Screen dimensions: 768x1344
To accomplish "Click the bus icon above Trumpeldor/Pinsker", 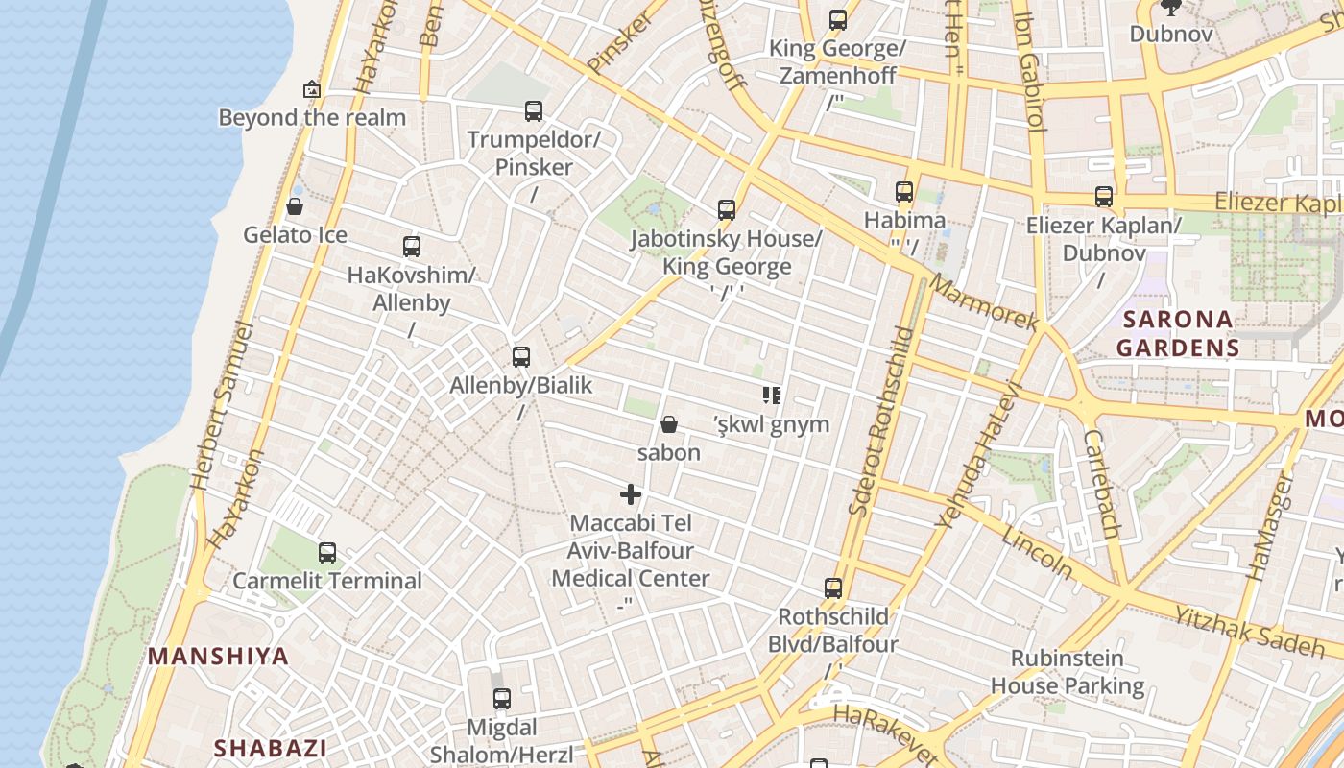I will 534,111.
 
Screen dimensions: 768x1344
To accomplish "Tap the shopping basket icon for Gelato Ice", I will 295,206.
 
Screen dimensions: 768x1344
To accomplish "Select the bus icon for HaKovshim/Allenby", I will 412,247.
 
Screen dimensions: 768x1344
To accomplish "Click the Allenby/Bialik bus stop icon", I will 521,357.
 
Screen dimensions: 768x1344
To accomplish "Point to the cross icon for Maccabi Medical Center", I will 631,494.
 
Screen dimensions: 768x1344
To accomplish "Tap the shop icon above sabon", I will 669,424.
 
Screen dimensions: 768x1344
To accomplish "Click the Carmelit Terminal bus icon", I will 327,553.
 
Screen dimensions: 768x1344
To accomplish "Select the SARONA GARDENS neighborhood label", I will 1177,333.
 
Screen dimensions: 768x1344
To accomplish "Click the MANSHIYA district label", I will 218,657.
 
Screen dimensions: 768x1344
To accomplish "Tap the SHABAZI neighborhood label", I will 270,748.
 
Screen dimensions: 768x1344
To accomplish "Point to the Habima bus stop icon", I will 904,192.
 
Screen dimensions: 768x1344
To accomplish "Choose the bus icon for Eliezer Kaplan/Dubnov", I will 1104,197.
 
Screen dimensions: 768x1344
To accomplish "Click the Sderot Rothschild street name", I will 882,420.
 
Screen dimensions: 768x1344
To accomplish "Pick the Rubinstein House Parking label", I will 1068,672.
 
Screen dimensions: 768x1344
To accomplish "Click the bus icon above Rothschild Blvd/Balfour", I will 833,588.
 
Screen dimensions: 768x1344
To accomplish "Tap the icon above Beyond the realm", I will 312,89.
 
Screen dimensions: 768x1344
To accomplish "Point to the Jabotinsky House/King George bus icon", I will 727,209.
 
